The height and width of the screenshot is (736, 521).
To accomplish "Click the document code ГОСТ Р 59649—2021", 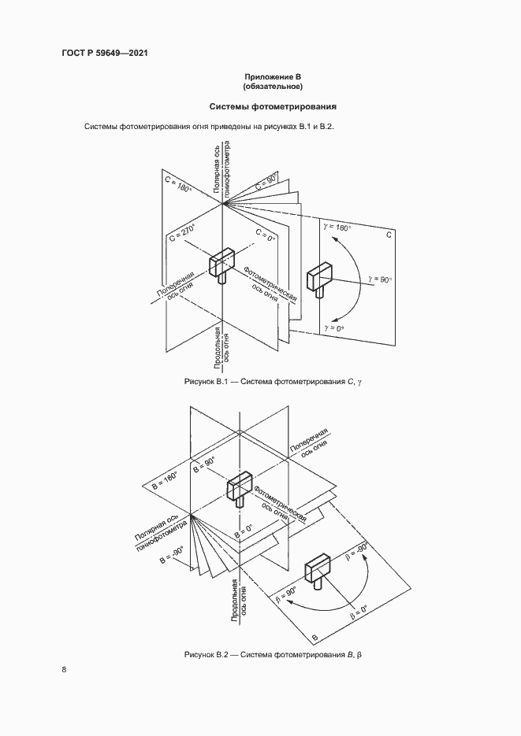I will click(x=105, y=53).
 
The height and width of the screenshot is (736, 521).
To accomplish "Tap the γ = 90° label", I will click(x=380, y=279).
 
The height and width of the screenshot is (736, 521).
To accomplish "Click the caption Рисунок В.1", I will click(x=277, y=382).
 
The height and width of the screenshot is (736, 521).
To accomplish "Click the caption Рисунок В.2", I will click(x=277, y=654).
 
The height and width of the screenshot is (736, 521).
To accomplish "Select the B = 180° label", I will click(x=166, y=475).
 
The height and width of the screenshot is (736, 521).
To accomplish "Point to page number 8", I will click(x=64, y=670).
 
